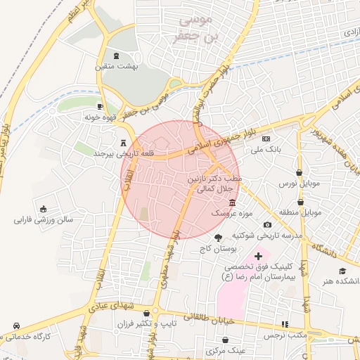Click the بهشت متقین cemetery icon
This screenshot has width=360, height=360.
tap(117, 56)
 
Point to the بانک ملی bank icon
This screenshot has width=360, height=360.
tap(265, 139)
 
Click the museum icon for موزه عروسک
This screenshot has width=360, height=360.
tap(232, 202)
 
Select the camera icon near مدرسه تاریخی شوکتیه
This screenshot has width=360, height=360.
tap(267, 225)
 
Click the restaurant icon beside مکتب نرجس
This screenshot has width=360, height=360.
tap(285, 324)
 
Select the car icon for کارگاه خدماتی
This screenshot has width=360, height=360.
tap(15, 327)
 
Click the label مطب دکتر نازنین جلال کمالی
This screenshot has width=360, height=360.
tap(215, 185)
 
